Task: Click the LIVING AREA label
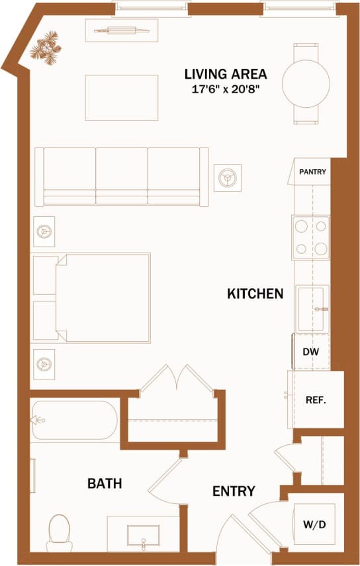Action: pyautogui.click(x=226, y=74)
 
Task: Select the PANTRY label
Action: pyautogui.click(x=312, y=172)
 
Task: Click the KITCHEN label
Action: pyautogui.click(x=255, y=294)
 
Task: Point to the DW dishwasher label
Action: pyautogui.click(x=311, y=352)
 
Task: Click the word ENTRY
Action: pyautogui.click(x=234, y=491)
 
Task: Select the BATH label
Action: pyautogui.click(x=105, y=484)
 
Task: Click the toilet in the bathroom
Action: pyautogui.click(x=60, y=532)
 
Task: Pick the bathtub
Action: pyautogui.click(x=74, y=421)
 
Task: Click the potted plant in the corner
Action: pyautogui.click(x=47, y=50)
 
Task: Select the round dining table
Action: pyautogui.click(x=306, y=83)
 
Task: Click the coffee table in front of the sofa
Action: pyautogui.click(x=122, y=98)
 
